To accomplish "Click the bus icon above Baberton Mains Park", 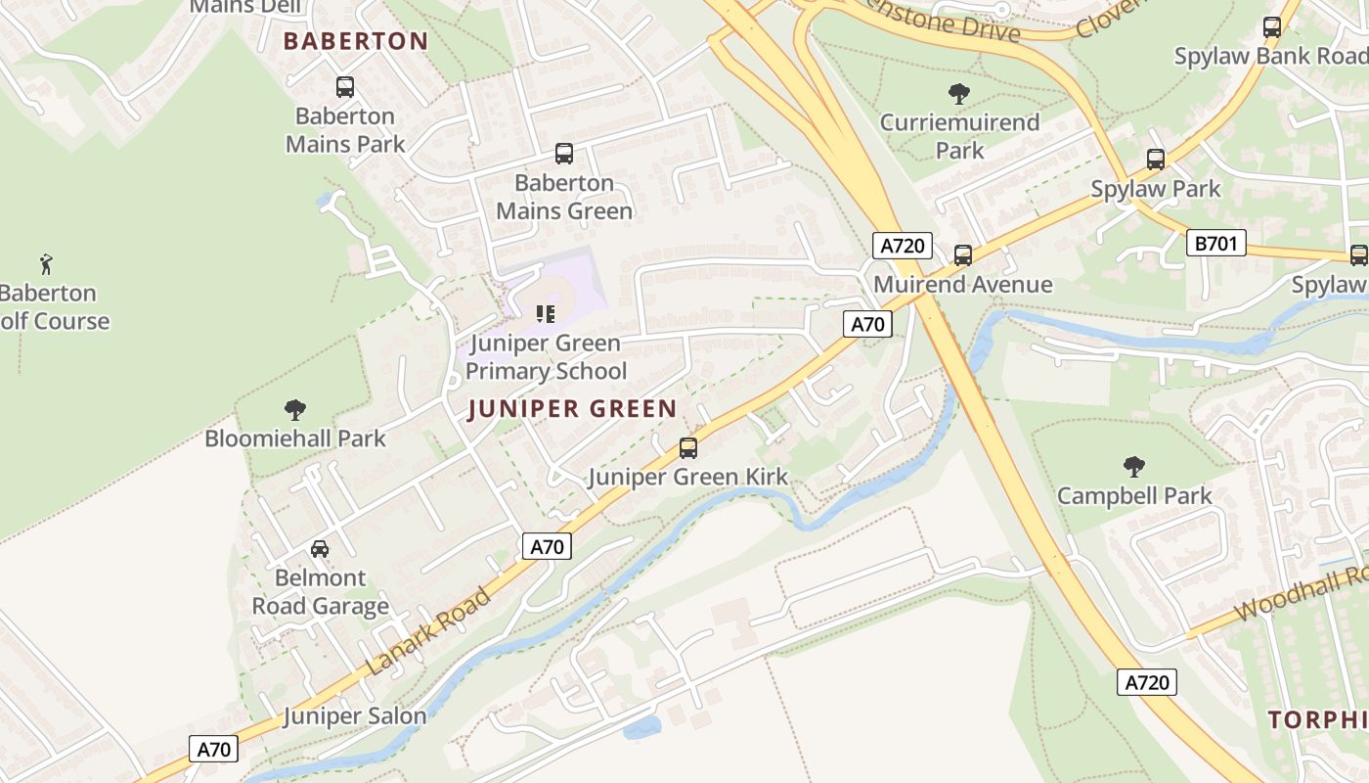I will click(345, 87).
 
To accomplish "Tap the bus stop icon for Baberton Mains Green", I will click(564, 154).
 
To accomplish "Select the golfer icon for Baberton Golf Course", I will click(46, 263).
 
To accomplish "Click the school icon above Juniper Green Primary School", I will click(546, 314).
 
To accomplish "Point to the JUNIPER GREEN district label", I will click(572, 409).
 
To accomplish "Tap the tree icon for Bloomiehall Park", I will click(294, 410).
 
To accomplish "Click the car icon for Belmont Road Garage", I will click(320, 549).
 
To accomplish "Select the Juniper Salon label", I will click(355, 716).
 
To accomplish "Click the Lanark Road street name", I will click(429, 631).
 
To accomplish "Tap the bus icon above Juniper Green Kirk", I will click(688, 448).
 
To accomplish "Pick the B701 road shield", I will click(1215, 243).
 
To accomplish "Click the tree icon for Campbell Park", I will click(1134, 466).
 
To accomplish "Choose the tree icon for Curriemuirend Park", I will click(959, 94).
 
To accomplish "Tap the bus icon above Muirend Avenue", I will click(963, 255).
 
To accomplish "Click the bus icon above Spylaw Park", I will click(1156, 160).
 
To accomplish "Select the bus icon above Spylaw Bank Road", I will click(1272, 27).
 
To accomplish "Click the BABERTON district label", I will click(356, 41).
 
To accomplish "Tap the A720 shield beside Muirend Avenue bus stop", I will click(902, 246).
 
